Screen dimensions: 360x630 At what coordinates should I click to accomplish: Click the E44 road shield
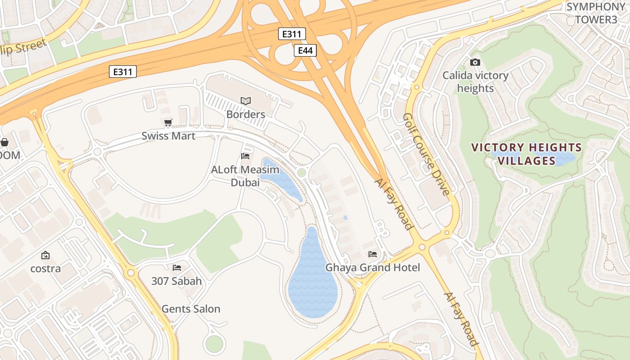click(305, 50)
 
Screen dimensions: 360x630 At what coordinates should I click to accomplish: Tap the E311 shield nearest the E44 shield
click(292, 34)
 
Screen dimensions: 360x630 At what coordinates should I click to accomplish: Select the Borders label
click(246, 114)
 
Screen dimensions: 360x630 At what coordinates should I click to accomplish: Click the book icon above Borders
click(246, 101)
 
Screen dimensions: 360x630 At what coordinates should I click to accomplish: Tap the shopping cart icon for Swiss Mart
click(168, 122)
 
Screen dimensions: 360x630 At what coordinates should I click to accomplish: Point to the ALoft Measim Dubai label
click(245, 176)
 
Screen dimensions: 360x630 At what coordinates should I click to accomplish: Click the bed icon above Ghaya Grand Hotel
click(373, 254)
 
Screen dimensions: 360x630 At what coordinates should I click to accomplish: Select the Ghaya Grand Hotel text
click(373, 268)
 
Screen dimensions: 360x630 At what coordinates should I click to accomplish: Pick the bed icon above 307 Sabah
click(177, 268)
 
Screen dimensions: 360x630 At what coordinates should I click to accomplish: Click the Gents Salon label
click(191, 309)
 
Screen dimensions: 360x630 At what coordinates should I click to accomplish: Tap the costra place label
click(45, 269)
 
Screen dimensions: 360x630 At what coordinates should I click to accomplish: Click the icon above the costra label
click(45, 255)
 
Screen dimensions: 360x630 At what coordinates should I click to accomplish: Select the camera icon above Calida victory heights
click(475, 62)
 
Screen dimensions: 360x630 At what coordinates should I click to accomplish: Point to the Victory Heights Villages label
click(526, 154)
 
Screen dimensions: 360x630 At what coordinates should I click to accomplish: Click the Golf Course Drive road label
click(426, 154)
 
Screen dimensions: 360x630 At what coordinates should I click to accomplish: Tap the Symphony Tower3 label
click(596, 13)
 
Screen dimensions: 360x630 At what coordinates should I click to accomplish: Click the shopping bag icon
click(4, 142)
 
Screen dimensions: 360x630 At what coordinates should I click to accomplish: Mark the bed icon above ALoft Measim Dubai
click(245, 156)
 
